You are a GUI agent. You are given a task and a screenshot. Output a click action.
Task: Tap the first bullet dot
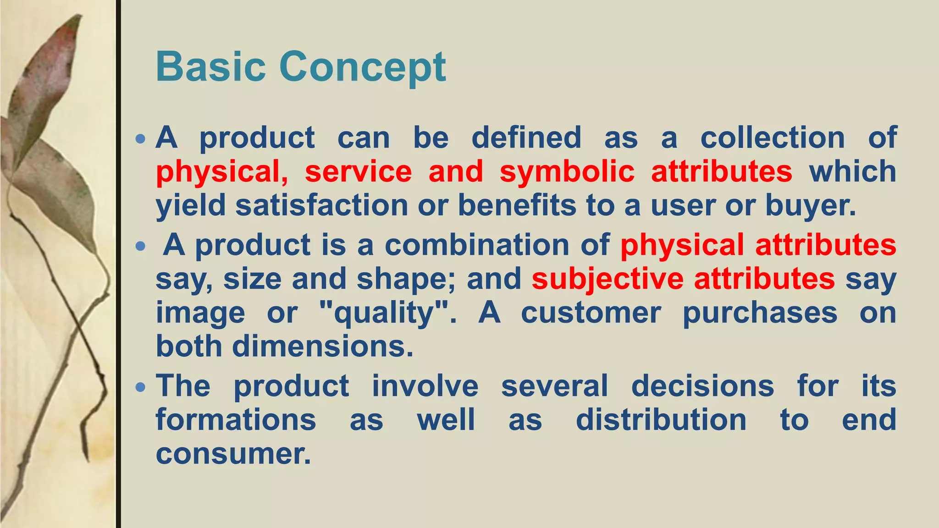point(141,138)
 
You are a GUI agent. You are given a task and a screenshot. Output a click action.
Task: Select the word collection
point(772,137)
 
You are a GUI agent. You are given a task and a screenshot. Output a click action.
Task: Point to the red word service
point(358,172)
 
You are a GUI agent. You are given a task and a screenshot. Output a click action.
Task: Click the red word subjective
point(607,279)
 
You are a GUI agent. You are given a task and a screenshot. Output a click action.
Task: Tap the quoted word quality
point(384,313)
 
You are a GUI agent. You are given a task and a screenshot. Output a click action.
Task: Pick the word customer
point(591,313)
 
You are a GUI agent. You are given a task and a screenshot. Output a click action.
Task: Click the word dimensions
point(322,346)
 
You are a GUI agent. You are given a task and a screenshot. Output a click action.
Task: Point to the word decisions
point(702,386)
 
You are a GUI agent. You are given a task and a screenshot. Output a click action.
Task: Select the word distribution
point(661,420)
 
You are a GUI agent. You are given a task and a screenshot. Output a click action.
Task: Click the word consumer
point(233,454)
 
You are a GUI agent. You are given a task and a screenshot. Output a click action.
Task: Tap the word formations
point(236,420)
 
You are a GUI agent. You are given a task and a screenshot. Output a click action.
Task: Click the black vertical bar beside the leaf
point(118,264)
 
